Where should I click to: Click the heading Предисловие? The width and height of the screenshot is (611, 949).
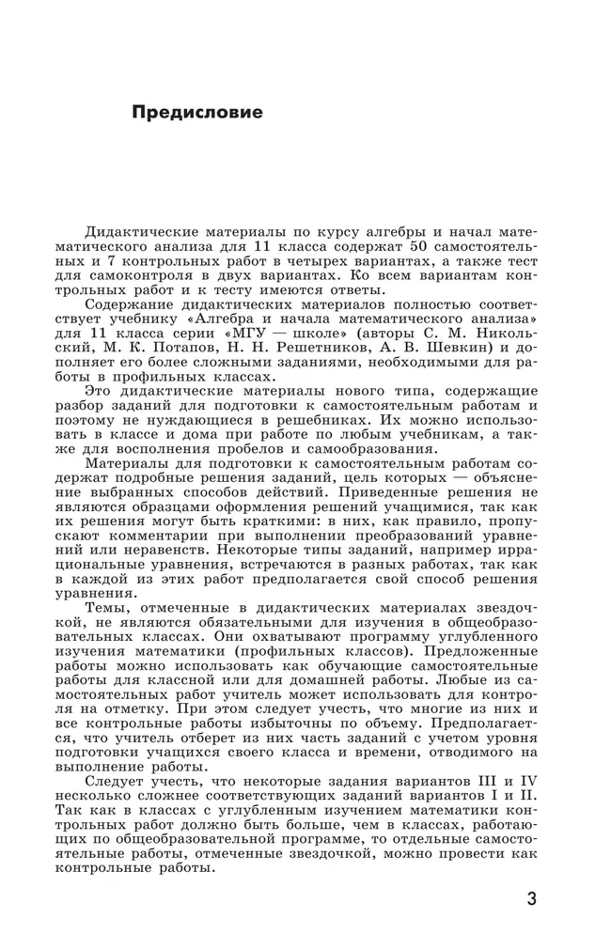click(197, 113)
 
